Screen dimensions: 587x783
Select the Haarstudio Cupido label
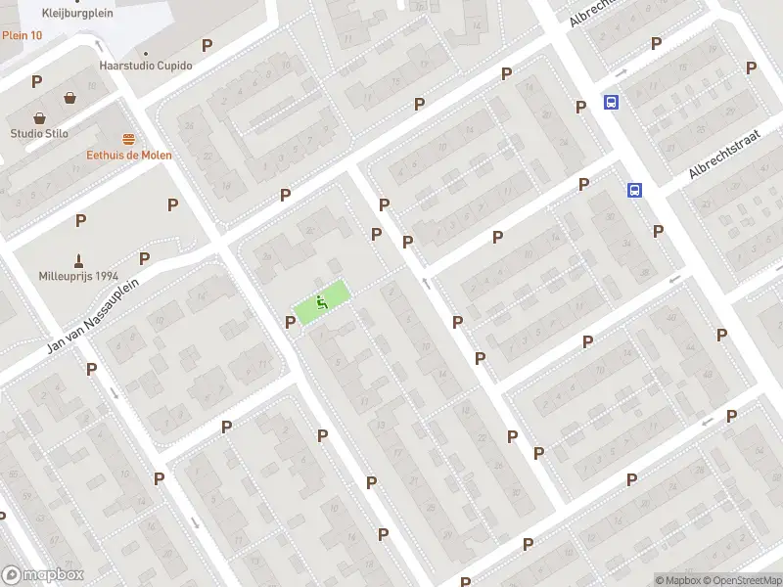(146, 66)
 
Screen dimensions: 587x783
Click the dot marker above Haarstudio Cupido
(146, 53)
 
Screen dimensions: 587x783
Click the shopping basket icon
(70, 98)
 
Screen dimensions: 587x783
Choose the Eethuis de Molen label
(128, 155)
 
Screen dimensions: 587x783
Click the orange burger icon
(128, 139)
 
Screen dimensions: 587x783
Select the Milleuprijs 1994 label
(77, 275)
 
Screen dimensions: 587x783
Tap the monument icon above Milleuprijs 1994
(77, 259)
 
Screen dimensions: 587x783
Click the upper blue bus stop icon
(612, 102)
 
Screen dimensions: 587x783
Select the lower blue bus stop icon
(634, 191)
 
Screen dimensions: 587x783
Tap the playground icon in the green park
(321, 302)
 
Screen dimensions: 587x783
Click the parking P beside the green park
(290, 322)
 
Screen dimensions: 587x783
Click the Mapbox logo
(43, 574)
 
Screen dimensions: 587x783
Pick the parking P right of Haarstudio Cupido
(207, 45)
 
